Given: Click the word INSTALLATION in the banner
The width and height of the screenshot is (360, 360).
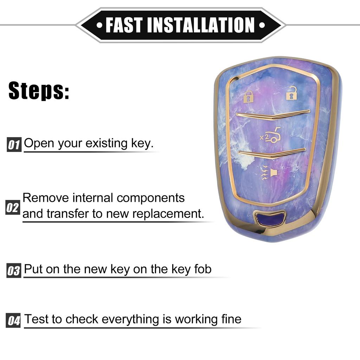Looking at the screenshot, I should [x=200, y=25].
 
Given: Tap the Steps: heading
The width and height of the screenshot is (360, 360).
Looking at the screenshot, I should [x=39, y=91].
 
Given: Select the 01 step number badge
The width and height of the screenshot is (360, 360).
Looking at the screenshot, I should [x=14, y=144].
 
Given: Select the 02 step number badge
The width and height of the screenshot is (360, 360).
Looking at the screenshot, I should [x=13, y=207].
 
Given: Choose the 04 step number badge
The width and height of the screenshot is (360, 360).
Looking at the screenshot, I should [x=14, y=321].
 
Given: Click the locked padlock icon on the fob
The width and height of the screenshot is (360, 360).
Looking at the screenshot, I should [x=248, y=96].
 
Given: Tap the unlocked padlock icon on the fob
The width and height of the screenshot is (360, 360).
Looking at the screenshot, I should [x=291, y=93].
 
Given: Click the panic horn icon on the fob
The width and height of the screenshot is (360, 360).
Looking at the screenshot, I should [x=269, y=173].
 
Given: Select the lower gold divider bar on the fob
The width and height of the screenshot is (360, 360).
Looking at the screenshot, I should [x=272, y=153].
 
